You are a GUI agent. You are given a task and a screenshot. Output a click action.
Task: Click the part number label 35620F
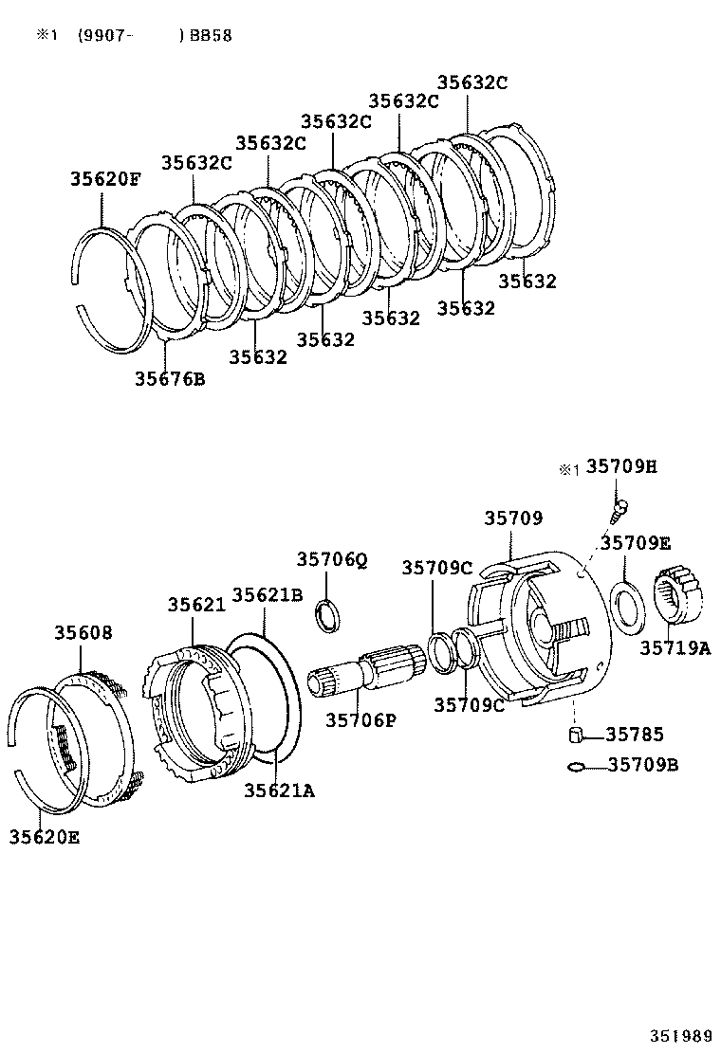(104, 178)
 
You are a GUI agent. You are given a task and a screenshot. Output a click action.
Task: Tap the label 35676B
(169, 379)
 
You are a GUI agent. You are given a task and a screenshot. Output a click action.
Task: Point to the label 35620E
(45, 836)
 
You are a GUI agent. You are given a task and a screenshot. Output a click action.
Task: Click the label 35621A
(278, 790)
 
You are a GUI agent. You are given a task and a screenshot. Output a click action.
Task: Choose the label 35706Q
(331, 559)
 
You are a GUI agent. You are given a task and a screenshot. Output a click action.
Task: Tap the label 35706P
(360, 719)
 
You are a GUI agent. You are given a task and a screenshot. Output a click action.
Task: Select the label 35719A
(674, 648)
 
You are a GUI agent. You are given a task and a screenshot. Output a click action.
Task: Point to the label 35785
(635, 735)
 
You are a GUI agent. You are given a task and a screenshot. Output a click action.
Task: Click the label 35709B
(642, 764)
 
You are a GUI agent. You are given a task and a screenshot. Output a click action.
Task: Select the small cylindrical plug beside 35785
(575, 736)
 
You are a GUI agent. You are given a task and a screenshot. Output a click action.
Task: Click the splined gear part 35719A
(682, 594)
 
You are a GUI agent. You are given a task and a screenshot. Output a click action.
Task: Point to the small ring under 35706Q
(326, 613)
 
